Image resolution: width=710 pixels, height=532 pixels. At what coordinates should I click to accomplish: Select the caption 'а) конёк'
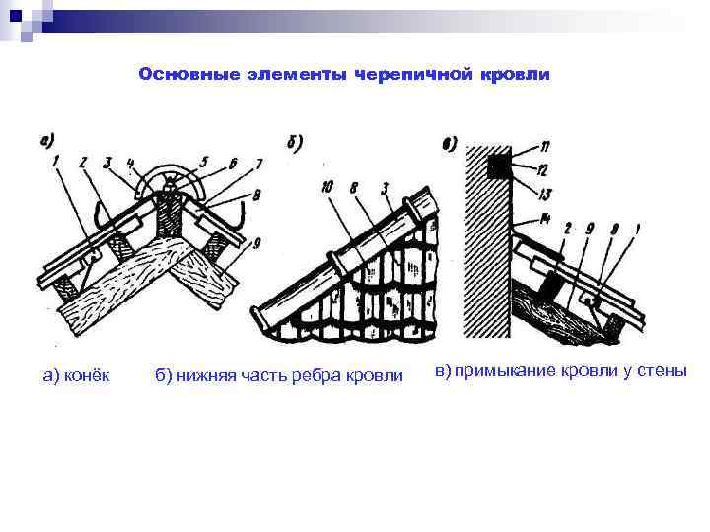(x=76, y=374)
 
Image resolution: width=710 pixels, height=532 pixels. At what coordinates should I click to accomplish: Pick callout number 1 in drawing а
(x=57, y=161)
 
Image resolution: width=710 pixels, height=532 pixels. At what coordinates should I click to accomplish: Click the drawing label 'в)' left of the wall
(x=450, y=146)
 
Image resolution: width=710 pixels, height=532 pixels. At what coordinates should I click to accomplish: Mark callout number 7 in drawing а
(x=258, y=163)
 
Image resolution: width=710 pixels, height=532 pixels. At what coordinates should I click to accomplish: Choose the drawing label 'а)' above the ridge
(x=45, y=139)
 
